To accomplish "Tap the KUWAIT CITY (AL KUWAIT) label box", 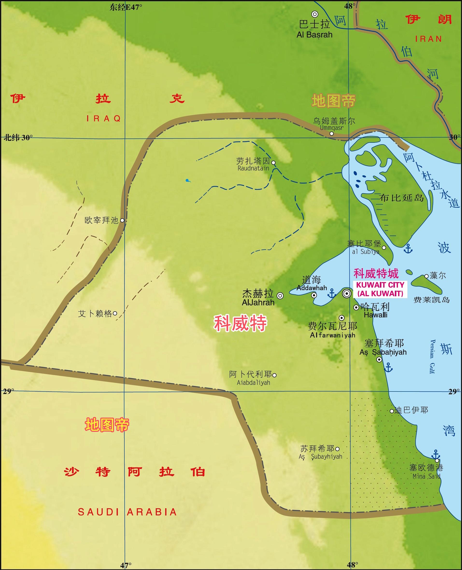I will (x=380, y=289).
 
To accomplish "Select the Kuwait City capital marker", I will (x=347, y=293).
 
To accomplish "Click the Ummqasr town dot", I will (x=332, y=133).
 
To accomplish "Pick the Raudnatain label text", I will (x=253, y=168).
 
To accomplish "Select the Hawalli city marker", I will (x=356, y=307).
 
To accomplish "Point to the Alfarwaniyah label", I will (x=332, y=335).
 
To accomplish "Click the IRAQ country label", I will (x=104, y=119).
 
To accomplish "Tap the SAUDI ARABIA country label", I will (x=127, y=512).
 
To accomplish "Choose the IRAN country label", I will (x=428, y=39).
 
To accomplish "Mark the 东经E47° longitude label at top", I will (x=126, y=7).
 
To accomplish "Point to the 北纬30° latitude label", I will (x=18, y=137).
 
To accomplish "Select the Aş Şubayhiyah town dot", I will (x=337, y=449).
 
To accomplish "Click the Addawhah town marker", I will (x=314, y=295).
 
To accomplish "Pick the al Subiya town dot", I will (x=384, y=247).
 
